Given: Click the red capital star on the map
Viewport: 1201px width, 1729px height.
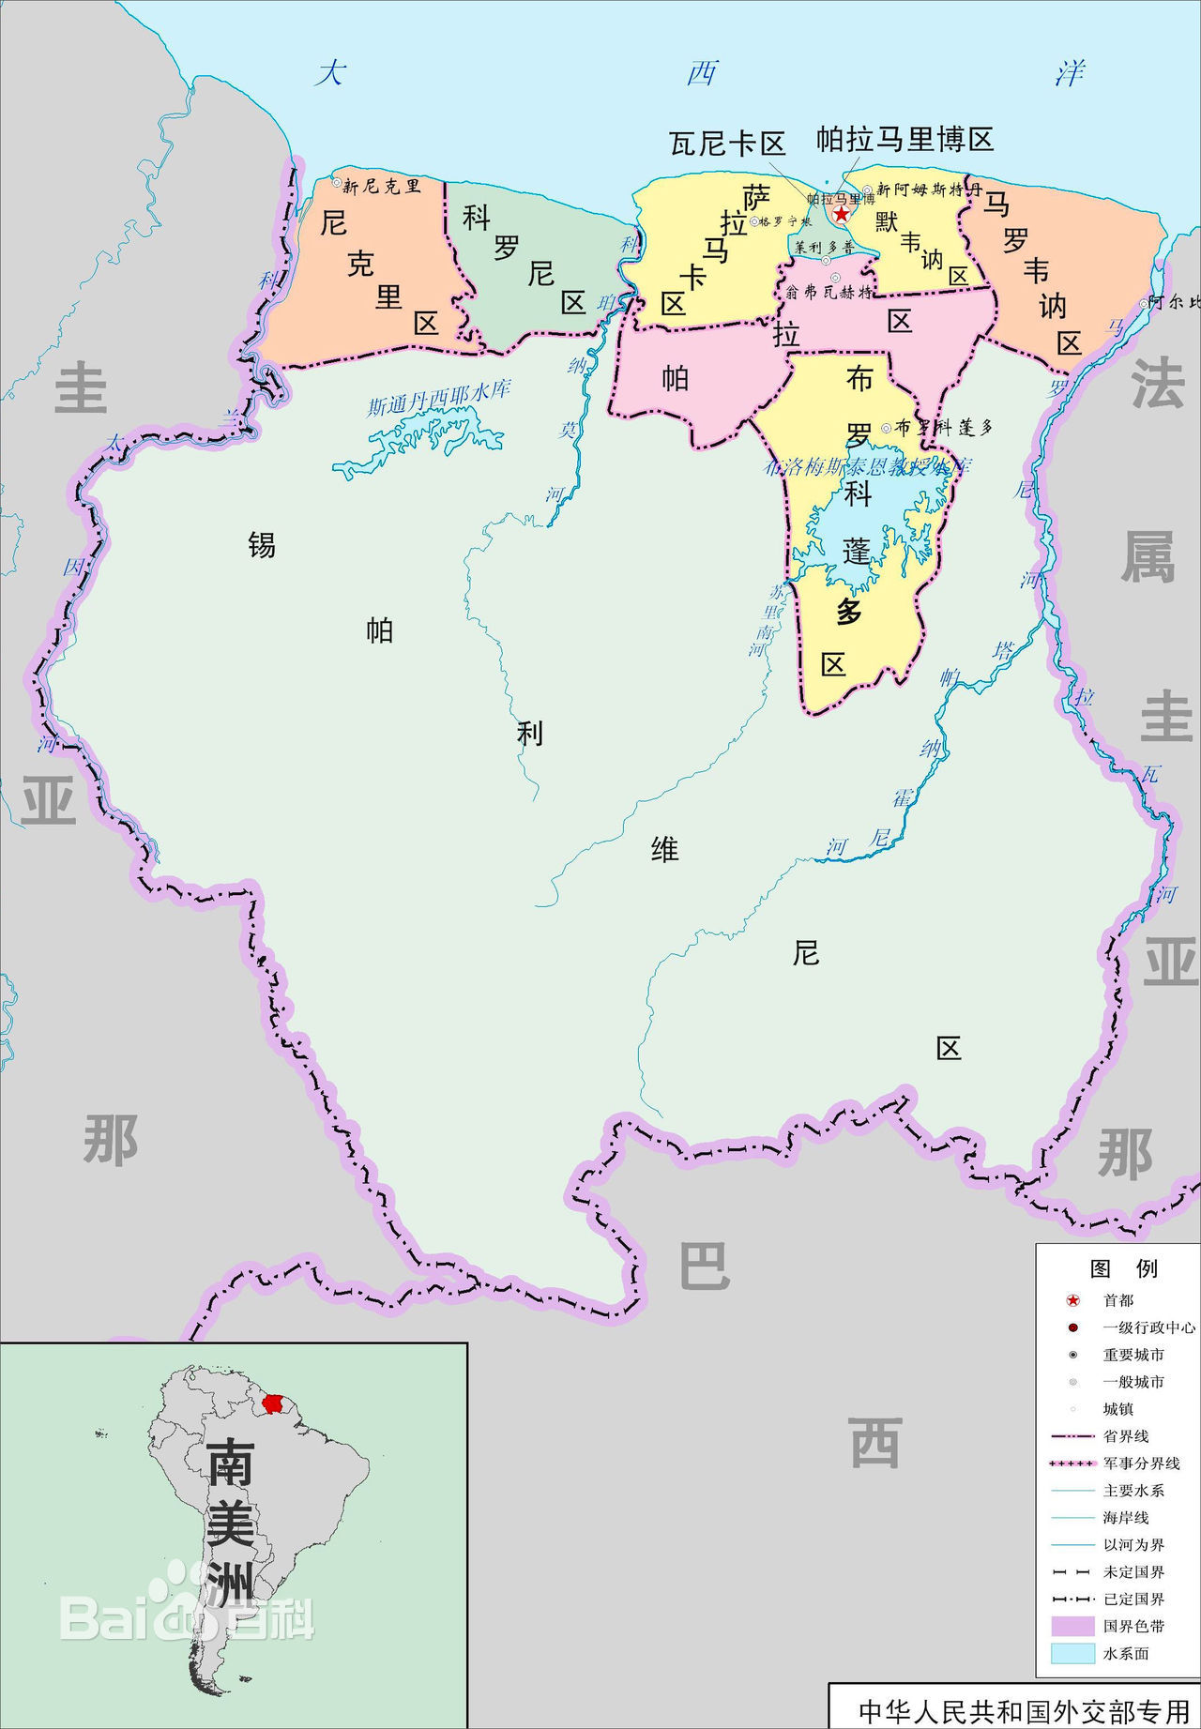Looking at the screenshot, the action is point(842,214).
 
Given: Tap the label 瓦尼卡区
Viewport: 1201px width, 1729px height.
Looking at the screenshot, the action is point(727,144).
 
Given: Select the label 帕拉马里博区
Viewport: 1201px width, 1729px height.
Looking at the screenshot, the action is point(905,140).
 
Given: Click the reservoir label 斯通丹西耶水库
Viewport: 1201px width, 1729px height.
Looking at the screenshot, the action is point(438,398).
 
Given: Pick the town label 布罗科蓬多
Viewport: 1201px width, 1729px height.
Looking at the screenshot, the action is point(943,428).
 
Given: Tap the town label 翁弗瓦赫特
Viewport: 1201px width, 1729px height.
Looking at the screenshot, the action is point(829,292).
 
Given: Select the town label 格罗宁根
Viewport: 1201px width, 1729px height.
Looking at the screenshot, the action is point(786,222).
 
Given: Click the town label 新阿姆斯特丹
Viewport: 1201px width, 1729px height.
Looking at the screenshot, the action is point(929,190).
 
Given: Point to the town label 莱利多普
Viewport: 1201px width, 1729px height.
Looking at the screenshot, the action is point(825,248).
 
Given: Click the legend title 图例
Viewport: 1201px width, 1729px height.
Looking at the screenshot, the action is point(1123,1268).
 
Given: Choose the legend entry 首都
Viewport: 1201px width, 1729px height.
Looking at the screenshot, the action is point(1118,1300).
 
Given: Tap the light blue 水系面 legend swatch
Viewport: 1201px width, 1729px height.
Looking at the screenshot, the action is point(1072,1653).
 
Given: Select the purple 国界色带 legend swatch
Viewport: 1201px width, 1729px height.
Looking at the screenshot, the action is point(1072,1626).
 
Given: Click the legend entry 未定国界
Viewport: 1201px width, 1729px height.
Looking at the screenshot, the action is point(1133,1571).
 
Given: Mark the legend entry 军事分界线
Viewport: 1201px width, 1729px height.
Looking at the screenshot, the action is point(1141,1463).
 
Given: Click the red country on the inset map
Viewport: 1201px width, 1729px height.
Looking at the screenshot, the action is point(273,1403).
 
